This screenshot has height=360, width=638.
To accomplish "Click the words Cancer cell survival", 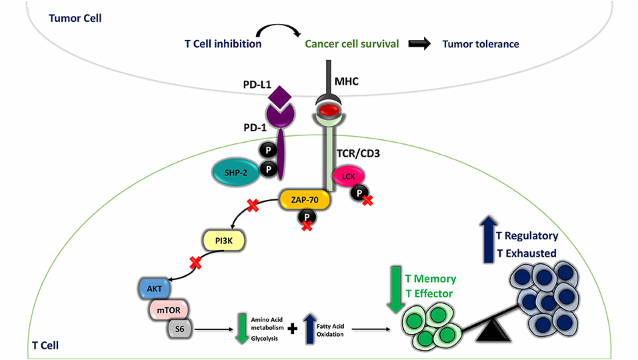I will click(x=352, y=45).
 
